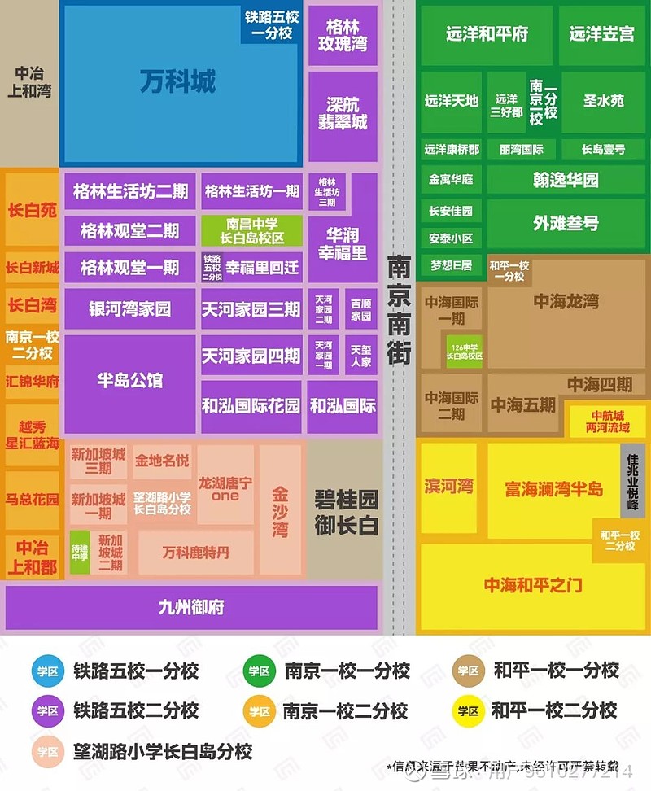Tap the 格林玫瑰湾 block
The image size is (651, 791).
tap(343, 35)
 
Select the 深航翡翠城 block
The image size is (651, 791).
tap(343, 115)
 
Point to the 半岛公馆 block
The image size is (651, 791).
tap(129, 380)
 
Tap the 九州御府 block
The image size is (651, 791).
tap(191, 607)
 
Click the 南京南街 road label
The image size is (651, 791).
tap(399, 309)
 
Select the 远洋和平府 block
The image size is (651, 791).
tap(487, 34)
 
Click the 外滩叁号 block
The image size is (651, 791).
tap(566, 223)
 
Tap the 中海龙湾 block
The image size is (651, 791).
tap(566, 302)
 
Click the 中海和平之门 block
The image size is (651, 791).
tap(533, 585)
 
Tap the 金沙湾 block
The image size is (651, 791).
tap(280, 512)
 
